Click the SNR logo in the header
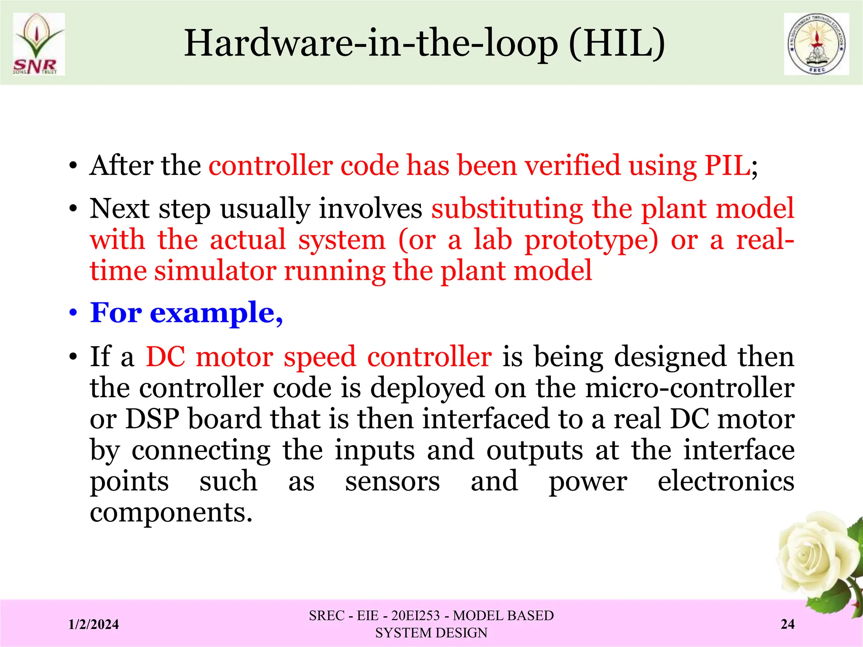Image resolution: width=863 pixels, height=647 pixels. pos(38,44)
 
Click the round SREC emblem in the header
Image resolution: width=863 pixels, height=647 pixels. pos(816,44)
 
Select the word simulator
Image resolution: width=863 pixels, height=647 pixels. pos(215,270)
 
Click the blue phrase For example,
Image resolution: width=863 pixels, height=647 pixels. pos(186,313)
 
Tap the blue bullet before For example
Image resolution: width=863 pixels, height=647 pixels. pos(73,314)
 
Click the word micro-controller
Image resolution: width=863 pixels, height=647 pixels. pos(690,388)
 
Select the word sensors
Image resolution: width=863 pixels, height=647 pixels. pos(392,481)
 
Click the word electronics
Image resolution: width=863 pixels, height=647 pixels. pos(726,481)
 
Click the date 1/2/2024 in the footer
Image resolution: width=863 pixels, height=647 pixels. pos(94,624)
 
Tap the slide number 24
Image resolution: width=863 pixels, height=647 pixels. pos(788,624)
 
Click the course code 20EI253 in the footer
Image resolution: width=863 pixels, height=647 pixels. pos(415,616)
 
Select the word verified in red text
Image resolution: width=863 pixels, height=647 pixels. pos(572,165)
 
